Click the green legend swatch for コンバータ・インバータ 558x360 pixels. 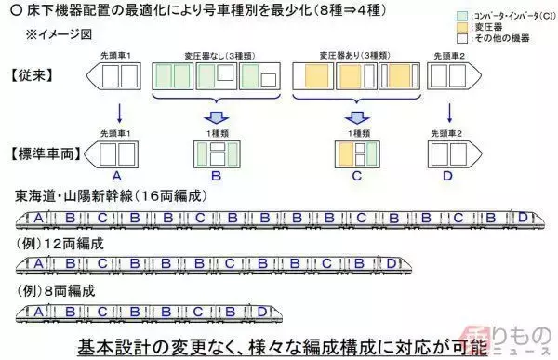pyautogui.click(x=450, y=18)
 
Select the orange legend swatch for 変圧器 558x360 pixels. pyautogui.click(x=450, y=30)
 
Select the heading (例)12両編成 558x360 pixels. pyautogui.click(x=60, y=243)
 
